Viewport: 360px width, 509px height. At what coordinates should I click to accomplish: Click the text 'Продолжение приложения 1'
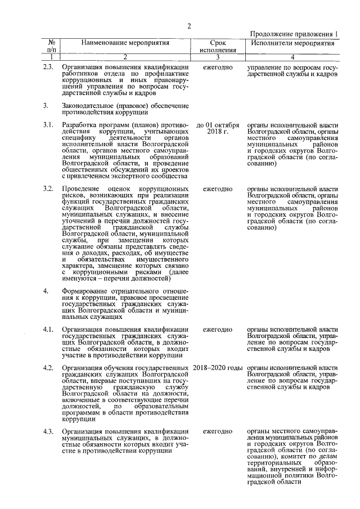(293, 34)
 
